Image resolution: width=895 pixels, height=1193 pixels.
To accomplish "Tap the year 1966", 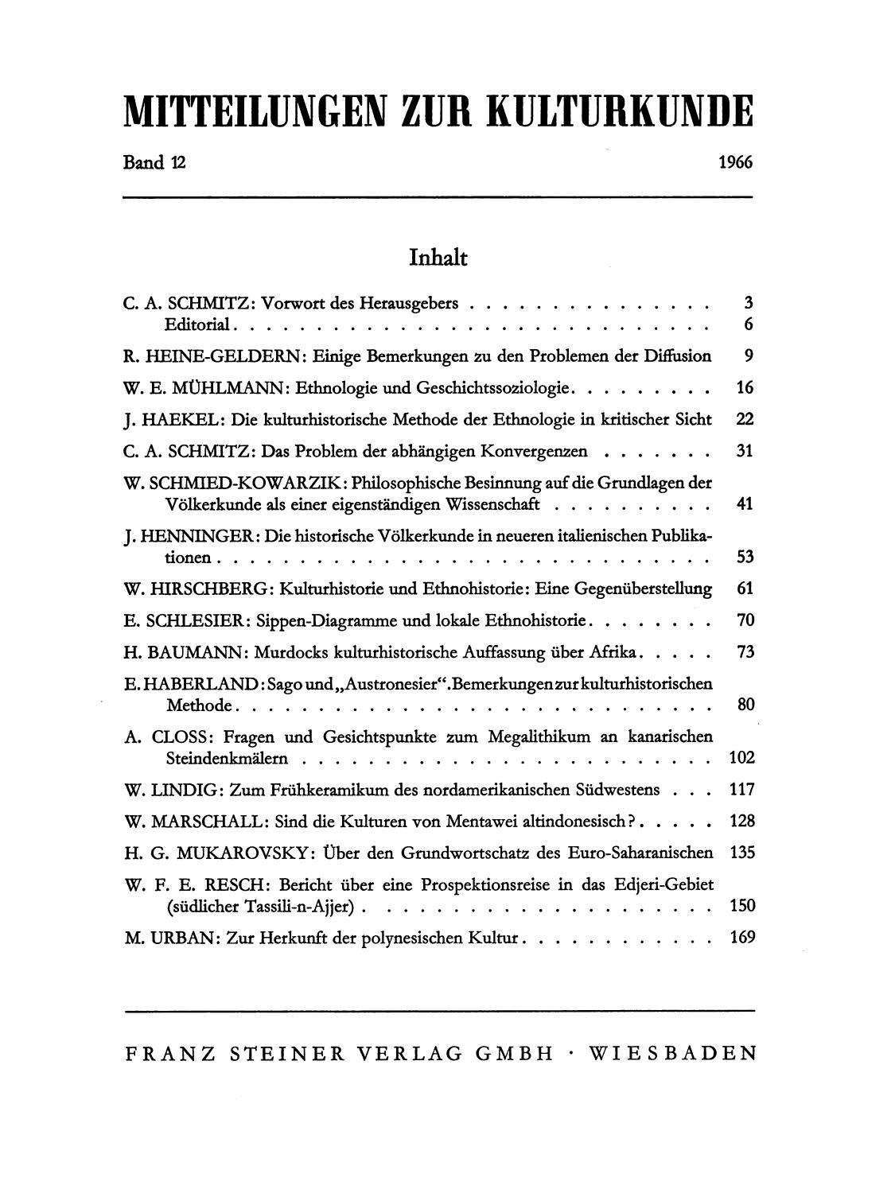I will pos(735,163).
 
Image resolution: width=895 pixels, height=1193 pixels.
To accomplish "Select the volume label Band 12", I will pos(154,163).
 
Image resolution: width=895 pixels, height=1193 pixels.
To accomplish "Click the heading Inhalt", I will pos(438,258).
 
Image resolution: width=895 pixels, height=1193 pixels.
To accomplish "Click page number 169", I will pos(741,938).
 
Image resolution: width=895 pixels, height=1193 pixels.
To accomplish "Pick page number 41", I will pos(745,504).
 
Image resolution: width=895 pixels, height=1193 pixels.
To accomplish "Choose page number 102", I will pos(741,758).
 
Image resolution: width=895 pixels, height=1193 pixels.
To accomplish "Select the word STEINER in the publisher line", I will pos(286,1054).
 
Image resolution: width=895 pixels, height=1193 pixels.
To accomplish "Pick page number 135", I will pos(741,853).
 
